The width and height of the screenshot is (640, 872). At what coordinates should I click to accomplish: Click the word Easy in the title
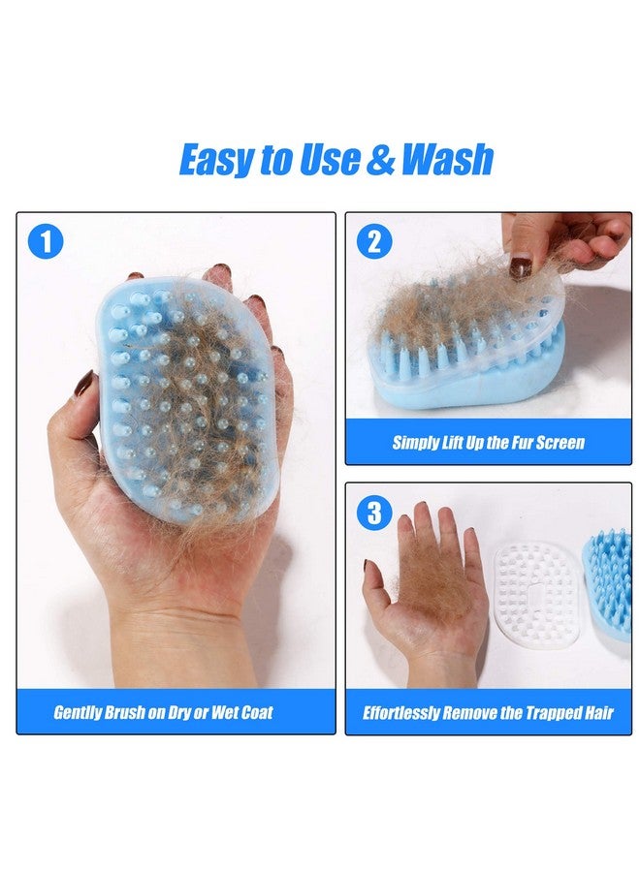click(x=215, y=160)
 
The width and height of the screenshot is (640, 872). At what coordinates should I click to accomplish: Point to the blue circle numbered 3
click(x=373, y=513)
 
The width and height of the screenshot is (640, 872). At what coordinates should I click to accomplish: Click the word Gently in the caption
click(x=78, y=713)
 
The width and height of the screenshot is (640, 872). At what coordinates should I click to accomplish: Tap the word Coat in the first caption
click(x=254, y=713)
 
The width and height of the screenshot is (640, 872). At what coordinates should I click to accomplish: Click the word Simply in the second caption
click(x=415, y=443)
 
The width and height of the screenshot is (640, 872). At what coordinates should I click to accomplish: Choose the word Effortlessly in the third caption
click(x=401, y=714)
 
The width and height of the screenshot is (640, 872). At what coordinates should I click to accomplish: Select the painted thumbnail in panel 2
click(x=521, y=266)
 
